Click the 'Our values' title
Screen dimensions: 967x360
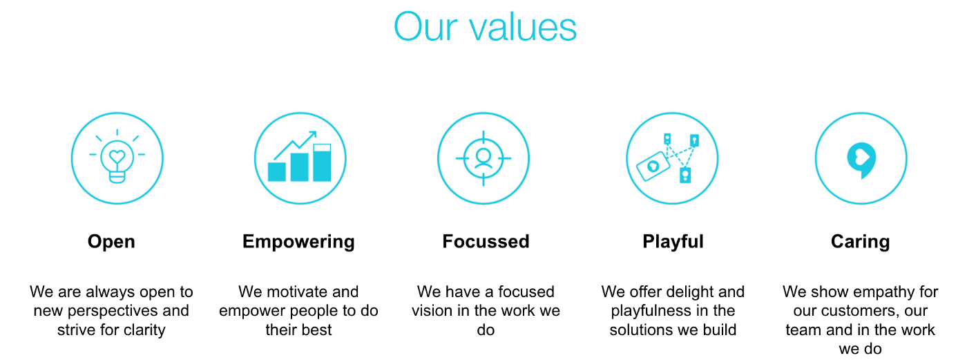pos(485,27)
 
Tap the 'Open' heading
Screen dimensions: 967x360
pos(111,242)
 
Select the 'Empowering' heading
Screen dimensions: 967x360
pos(298,242)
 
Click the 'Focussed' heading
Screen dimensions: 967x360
pos(486,241)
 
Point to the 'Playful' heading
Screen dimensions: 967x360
pos(673,242)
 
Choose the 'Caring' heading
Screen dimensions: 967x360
pos(861,242)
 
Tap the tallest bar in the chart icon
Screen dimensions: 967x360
pos(322,162)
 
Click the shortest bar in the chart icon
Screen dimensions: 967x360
pos(277,172)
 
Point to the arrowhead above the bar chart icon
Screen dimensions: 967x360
pos(312,135)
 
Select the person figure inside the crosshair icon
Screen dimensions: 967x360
pos(483,158)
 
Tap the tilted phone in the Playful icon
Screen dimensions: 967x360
pos(653,167)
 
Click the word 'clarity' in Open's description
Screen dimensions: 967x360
pos(144,330)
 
